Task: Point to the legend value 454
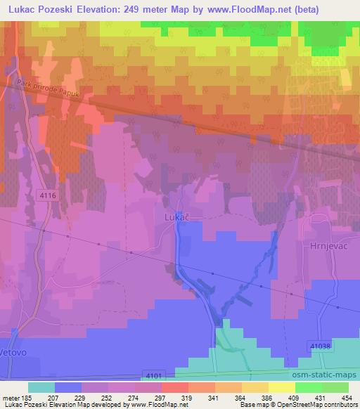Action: (347, 398)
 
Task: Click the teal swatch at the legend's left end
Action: (41, 387)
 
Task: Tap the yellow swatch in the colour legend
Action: (281, 387)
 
